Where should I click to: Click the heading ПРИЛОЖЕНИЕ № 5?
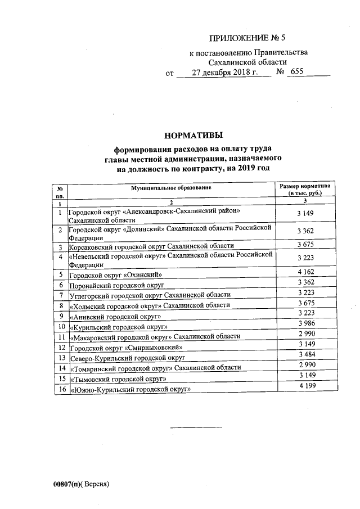[x=247, y=39]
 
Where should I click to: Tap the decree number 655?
[x=297, y=73]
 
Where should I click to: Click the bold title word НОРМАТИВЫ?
[x=193, y=135]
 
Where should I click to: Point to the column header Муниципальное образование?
[x=172, y=187]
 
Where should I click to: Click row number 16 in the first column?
[x=60, y=389]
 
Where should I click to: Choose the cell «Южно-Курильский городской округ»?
[x=130, y=389]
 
